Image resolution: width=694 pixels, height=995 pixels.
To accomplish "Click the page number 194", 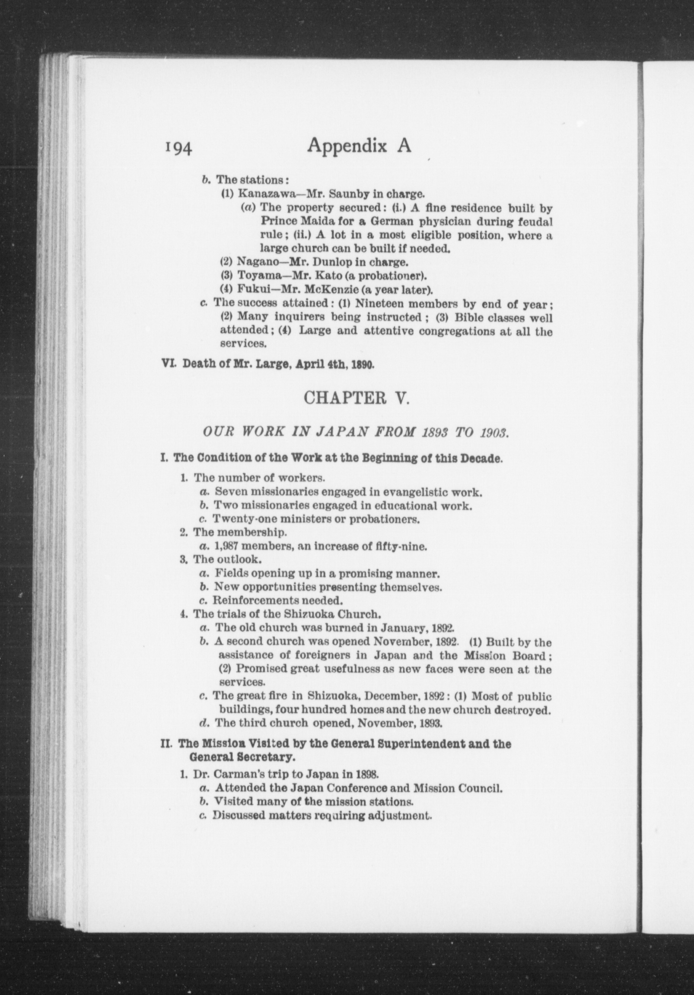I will pyautogui.click(x=178, y=147).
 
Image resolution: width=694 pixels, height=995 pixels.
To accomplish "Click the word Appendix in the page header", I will pyautogui.click(x=347, y=146).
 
